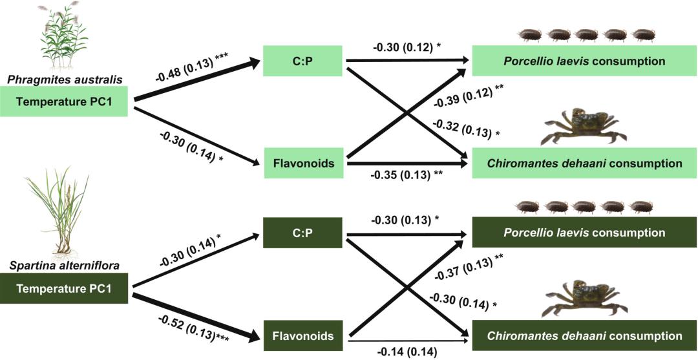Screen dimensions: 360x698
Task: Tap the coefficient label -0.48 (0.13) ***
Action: (x=192, y=67)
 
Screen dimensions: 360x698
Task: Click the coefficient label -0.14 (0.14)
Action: (x=407, y=352)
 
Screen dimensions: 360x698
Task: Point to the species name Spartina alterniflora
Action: (x=61, y=266)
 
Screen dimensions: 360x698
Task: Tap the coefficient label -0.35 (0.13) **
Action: (x=407, y=175)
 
